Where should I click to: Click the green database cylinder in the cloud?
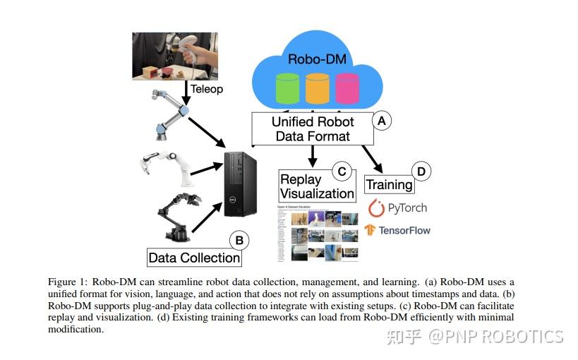(287, 90)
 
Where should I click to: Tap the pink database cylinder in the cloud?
(347, 90)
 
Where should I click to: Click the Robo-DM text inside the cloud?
(317, 59)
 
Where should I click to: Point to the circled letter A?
(382, 121)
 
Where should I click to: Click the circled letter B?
(239, 241)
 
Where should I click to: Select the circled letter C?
(342, 171)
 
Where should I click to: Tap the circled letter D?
(421, 171)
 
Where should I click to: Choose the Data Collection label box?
(194, 258)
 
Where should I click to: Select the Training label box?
(389, 185)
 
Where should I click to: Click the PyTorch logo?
(398, 208)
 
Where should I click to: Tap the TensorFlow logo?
(397, 230)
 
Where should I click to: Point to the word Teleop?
(207, 90)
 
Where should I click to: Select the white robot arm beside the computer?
(165, 163)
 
